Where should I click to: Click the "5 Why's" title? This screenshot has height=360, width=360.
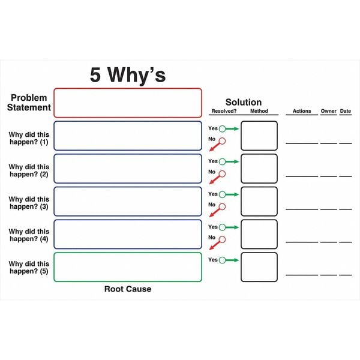point(128,75)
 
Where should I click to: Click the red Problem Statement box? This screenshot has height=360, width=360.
point(128,103)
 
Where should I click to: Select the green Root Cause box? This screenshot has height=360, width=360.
point(128,267)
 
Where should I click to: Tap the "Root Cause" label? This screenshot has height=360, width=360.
point(128,289)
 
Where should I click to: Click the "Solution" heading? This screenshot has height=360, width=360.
point(243,103)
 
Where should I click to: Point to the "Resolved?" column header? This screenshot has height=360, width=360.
point(223,112)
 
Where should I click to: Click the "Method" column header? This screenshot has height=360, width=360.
point(259,112)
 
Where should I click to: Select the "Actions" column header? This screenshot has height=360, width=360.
point(302,112)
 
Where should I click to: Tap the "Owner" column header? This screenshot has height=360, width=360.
point(328,112)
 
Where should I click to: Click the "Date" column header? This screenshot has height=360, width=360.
point(346,112)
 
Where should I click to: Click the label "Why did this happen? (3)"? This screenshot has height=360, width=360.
point(29,202)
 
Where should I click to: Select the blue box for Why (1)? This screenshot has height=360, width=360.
point(128,136)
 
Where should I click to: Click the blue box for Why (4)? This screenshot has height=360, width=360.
point(128,234)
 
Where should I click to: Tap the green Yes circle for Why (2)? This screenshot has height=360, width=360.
point(222,161)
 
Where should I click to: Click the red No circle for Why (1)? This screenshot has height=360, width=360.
point(221,142)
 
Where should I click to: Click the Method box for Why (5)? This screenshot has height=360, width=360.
point(259,267)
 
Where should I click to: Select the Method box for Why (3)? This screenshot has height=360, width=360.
point(259,202)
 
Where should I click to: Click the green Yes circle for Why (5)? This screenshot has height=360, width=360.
point(222,260)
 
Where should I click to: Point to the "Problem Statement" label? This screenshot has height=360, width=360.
point(29,103)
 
